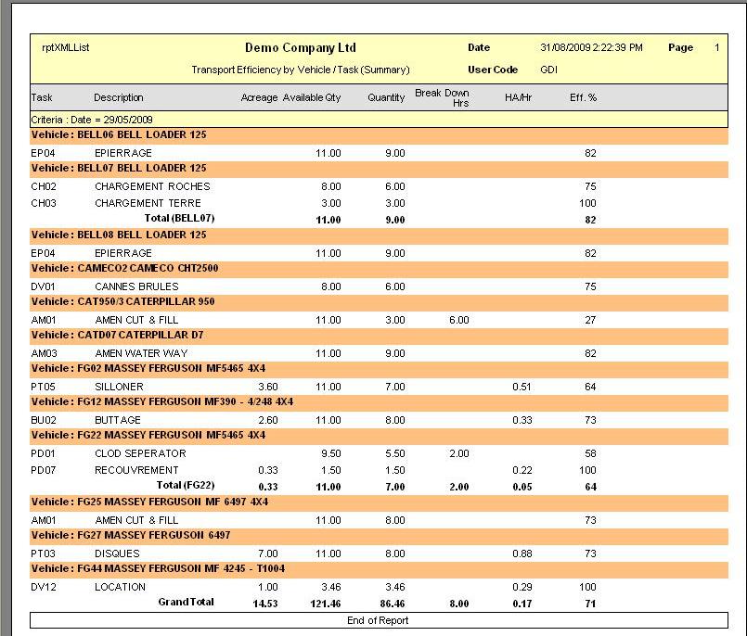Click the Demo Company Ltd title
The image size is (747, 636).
click(300, 47)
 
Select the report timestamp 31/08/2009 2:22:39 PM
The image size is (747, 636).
click(591, 47)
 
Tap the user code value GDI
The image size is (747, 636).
click(548, 70)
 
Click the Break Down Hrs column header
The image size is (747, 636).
click(442, 97)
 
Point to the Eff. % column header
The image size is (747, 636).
click(583, 97)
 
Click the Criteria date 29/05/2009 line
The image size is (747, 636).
click(92, 120)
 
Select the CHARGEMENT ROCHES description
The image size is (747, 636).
click(152, 186)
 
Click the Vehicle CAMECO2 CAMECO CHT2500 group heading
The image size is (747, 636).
click(125, 268)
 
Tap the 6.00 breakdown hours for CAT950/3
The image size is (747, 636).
click(458, 320)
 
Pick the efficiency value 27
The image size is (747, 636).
click(590, 320)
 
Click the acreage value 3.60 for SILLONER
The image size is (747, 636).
click(268, 387)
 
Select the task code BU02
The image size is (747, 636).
click(44, 420)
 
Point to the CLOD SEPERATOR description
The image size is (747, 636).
click(140, 453)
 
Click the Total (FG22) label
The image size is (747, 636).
click(186, 485)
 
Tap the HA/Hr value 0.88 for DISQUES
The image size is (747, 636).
click(522, 553)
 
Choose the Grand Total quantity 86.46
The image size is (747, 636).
click(393, 604)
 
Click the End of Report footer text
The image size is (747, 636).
click(378, 620)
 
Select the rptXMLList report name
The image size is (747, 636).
click(66, 47)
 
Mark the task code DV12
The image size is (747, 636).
click(44, 587)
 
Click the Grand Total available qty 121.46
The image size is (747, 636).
click(326, 604)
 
